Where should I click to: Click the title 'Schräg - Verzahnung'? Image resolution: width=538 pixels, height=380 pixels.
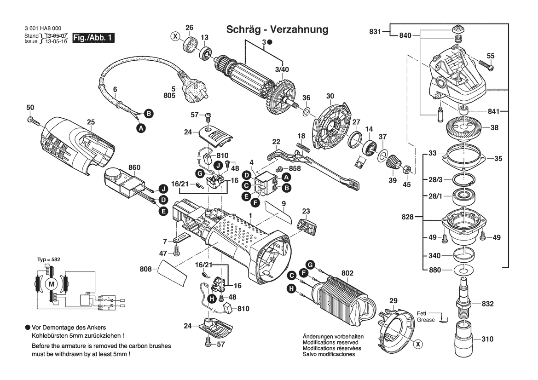pos(277,29)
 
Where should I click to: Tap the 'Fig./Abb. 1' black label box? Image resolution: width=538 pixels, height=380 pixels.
pos(93,38)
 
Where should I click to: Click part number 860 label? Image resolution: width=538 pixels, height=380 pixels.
pos(134,168)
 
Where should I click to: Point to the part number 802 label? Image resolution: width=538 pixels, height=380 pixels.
pos(347,273)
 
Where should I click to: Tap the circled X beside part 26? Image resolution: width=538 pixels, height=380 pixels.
pos(175,35)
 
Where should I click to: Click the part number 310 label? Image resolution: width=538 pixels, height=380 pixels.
pos(487,339)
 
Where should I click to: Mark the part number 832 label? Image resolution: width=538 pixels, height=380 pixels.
pos(487,304)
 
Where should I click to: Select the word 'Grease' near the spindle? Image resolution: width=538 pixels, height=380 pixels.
pos(426,320)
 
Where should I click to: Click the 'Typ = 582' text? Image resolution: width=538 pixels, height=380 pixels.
pos(48,259)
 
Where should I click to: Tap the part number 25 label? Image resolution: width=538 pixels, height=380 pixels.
pos(91,122)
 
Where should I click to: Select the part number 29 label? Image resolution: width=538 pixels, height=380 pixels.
pos(393,301)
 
